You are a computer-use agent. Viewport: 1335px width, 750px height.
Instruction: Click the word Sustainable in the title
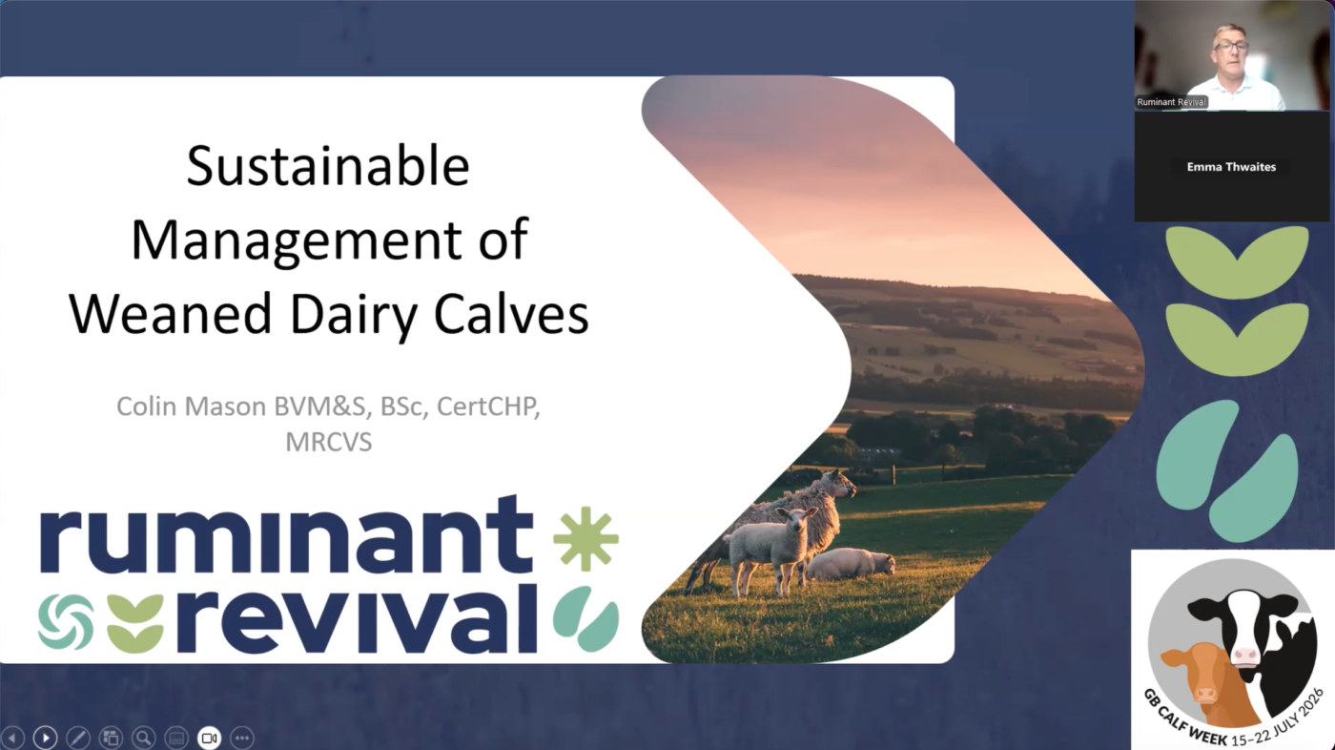pyautogui.click(x=328, y=166)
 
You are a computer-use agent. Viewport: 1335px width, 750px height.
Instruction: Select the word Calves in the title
pyautogui.click(x=511, y=314)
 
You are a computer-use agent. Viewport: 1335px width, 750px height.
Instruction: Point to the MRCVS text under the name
pyautogui.click(x=328, y=443)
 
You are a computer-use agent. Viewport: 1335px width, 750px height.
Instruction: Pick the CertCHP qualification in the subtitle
pyautogui.click(x=488, y=406)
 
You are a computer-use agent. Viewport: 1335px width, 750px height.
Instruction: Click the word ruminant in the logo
pyautogui.click(x=286, y=534)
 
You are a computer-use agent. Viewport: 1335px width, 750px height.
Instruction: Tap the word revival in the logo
pyautogui.click(x=353, y=618)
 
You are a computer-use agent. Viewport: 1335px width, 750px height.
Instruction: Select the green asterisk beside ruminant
pyautogui.click(x=585, y=538)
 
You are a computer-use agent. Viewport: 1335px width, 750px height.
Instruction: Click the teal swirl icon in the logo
pyautogui.click(x=66, y=622)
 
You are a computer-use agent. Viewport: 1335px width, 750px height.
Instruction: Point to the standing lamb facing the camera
pyautogui.click(x=772, y=550)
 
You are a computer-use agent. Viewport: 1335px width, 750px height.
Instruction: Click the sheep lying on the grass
pyautogui.click(x=850, y=564)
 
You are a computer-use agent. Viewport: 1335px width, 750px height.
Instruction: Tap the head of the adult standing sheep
pyautogui.click(x=840, y=484)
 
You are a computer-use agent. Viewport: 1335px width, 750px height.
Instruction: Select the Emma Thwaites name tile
pyautogui.click(x=1231, y=167)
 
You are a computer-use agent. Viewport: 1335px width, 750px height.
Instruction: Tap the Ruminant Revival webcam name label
pyautogui.click(x=1171, y=102)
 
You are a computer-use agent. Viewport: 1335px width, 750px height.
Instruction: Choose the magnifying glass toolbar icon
pyautogui.click(x=144, y=739)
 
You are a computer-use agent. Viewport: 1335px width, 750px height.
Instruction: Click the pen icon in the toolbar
pyautogui.click(x=78, y=739)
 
